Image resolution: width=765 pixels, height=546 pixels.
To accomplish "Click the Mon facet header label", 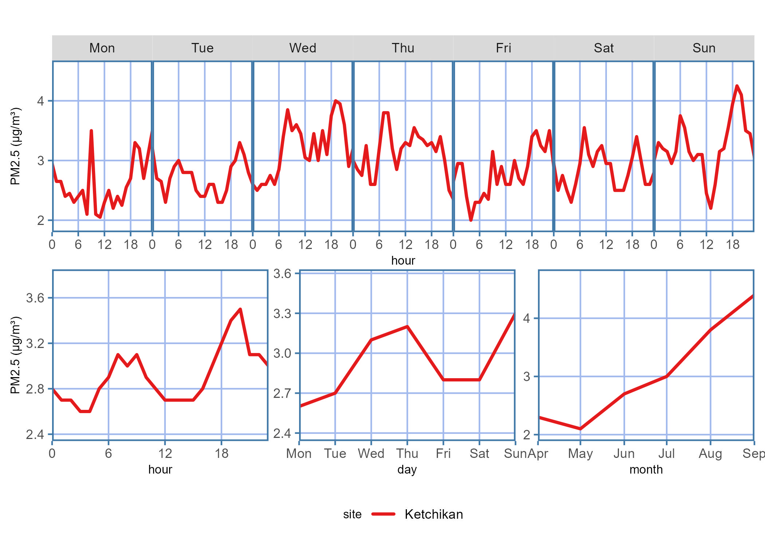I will coord(102,48).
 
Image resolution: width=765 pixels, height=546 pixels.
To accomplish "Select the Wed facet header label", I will coord(303,48).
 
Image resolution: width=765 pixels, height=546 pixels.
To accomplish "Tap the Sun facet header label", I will coord(704,48).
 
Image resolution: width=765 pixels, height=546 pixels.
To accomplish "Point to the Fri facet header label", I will coord(503,48).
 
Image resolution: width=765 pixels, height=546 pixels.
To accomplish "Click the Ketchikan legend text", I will coord(433,514).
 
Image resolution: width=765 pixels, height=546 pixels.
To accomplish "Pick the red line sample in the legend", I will coord(383,514).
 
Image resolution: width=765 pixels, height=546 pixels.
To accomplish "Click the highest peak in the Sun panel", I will coord(737,86).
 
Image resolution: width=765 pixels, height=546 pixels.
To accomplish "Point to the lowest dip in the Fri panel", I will coord(471,220).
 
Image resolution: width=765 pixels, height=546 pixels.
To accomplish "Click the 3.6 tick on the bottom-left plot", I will coord(35,298).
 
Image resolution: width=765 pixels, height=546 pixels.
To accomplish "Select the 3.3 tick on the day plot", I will coord(283,313).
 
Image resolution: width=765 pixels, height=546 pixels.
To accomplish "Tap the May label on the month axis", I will coord(580,454).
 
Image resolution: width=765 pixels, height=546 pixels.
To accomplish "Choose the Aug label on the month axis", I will coord(710,454).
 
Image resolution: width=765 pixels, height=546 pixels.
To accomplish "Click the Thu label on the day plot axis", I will coord(407,454).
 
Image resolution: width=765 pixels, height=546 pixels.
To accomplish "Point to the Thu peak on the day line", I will coord(407,327).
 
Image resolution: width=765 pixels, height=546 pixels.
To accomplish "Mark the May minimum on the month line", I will coord(580,429).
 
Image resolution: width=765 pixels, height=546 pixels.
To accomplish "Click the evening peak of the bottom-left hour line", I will coord(240,309).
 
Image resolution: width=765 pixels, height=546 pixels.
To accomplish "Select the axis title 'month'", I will coord(646,470).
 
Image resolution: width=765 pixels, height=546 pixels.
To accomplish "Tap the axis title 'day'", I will coord(407,470).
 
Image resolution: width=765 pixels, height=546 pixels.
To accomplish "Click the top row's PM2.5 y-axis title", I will coord(15,146).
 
